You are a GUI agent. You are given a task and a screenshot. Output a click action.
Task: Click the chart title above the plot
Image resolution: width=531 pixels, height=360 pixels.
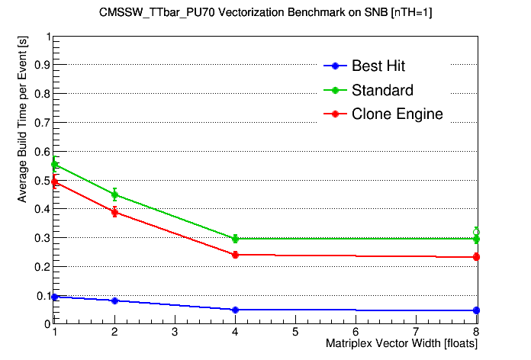coord(265,13)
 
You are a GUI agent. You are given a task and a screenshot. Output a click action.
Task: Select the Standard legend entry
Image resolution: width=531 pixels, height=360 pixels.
coord(382,90)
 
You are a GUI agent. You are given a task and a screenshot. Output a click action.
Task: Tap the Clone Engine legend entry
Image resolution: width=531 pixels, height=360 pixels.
coord(397,114)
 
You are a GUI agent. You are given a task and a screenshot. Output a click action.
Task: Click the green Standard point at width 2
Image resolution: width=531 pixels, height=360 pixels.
coord(114,194)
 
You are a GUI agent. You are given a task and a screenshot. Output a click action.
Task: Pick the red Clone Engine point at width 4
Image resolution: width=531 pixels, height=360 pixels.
coord(235,255)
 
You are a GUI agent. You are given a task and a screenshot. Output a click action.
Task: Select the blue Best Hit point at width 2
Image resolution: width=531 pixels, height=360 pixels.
coord(114,301)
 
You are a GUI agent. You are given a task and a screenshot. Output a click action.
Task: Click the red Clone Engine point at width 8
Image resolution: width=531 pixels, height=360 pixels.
coord(476,257)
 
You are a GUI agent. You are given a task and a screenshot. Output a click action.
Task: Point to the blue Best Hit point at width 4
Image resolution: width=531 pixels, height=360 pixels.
coord(235,310)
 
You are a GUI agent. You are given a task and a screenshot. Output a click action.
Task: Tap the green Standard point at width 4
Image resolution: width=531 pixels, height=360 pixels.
coord(235,239)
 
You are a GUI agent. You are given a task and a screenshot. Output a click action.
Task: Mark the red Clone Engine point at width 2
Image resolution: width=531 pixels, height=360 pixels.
coord(114,212)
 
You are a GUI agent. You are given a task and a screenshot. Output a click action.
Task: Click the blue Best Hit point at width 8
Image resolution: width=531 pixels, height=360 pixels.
coord(476,310)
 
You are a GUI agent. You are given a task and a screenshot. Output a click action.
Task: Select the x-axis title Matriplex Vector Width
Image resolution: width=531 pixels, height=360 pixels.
coord(401,344)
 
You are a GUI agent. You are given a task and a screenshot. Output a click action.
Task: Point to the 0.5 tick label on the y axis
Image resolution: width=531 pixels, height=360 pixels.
coord(40,180)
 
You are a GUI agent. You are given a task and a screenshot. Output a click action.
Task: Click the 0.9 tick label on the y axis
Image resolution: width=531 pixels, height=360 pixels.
coord(40,66)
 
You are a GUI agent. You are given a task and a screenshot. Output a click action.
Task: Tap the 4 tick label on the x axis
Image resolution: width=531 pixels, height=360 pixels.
coord(235,333)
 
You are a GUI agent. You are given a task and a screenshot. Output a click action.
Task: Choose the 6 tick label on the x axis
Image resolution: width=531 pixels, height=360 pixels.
coord(356,333)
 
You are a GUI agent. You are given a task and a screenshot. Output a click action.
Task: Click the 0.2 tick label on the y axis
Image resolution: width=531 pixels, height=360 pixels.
coord(40,266)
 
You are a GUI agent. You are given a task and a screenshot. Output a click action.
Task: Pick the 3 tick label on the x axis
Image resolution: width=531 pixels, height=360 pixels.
coord(175,333)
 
